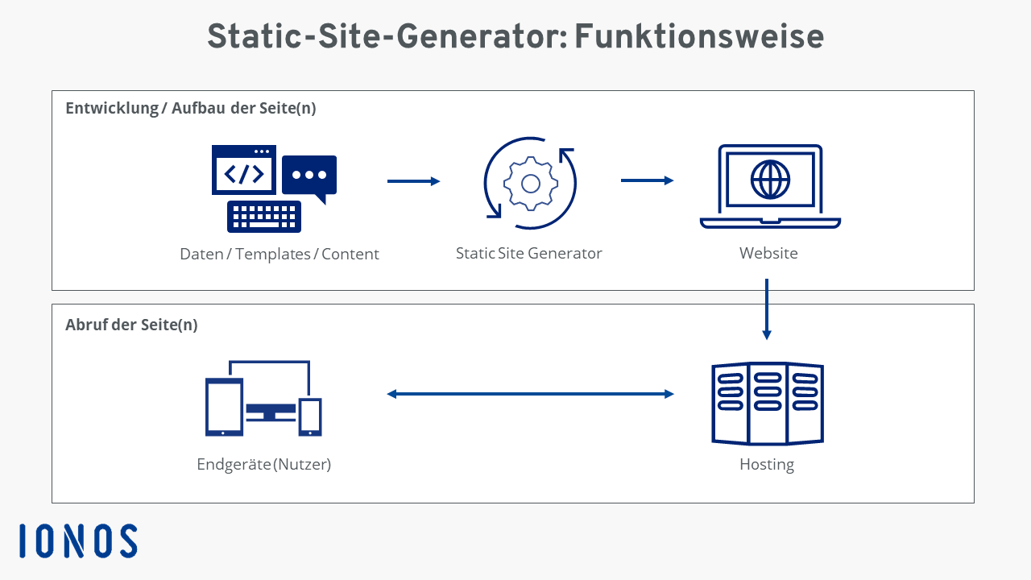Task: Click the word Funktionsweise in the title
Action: click(x=699, y=36)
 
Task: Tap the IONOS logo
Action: click(x=78, y=541)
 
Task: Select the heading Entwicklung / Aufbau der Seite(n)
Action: click(x=191, y=108)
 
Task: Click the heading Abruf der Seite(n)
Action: click(x=131, y=325)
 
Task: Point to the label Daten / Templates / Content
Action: click(x=279, y=254)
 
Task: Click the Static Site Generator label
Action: click(x=529, y=253)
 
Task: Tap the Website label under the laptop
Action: click(x=768, y=253)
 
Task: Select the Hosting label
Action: click(x=767, y=465)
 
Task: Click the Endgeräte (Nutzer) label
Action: click(x=263, y=464)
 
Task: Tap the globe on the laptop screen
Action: click(x=770, y=180)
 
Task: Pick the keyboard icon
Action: click(x=264, y=217)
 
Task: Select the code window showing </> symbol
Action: click(x=244, y=169)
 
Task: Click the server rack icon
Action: click(x=768, y=404)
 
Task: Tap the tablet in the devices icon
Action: click(x=224, y=407)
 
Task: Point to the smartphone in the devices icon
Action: click(x=310, y=416)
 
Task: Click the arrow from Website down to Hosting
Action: click(x=767, y=309)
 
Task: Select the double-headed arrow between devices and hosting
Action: click(x=530, y=394)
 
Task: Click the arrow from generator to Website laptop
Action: click(x=648, y=180)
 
